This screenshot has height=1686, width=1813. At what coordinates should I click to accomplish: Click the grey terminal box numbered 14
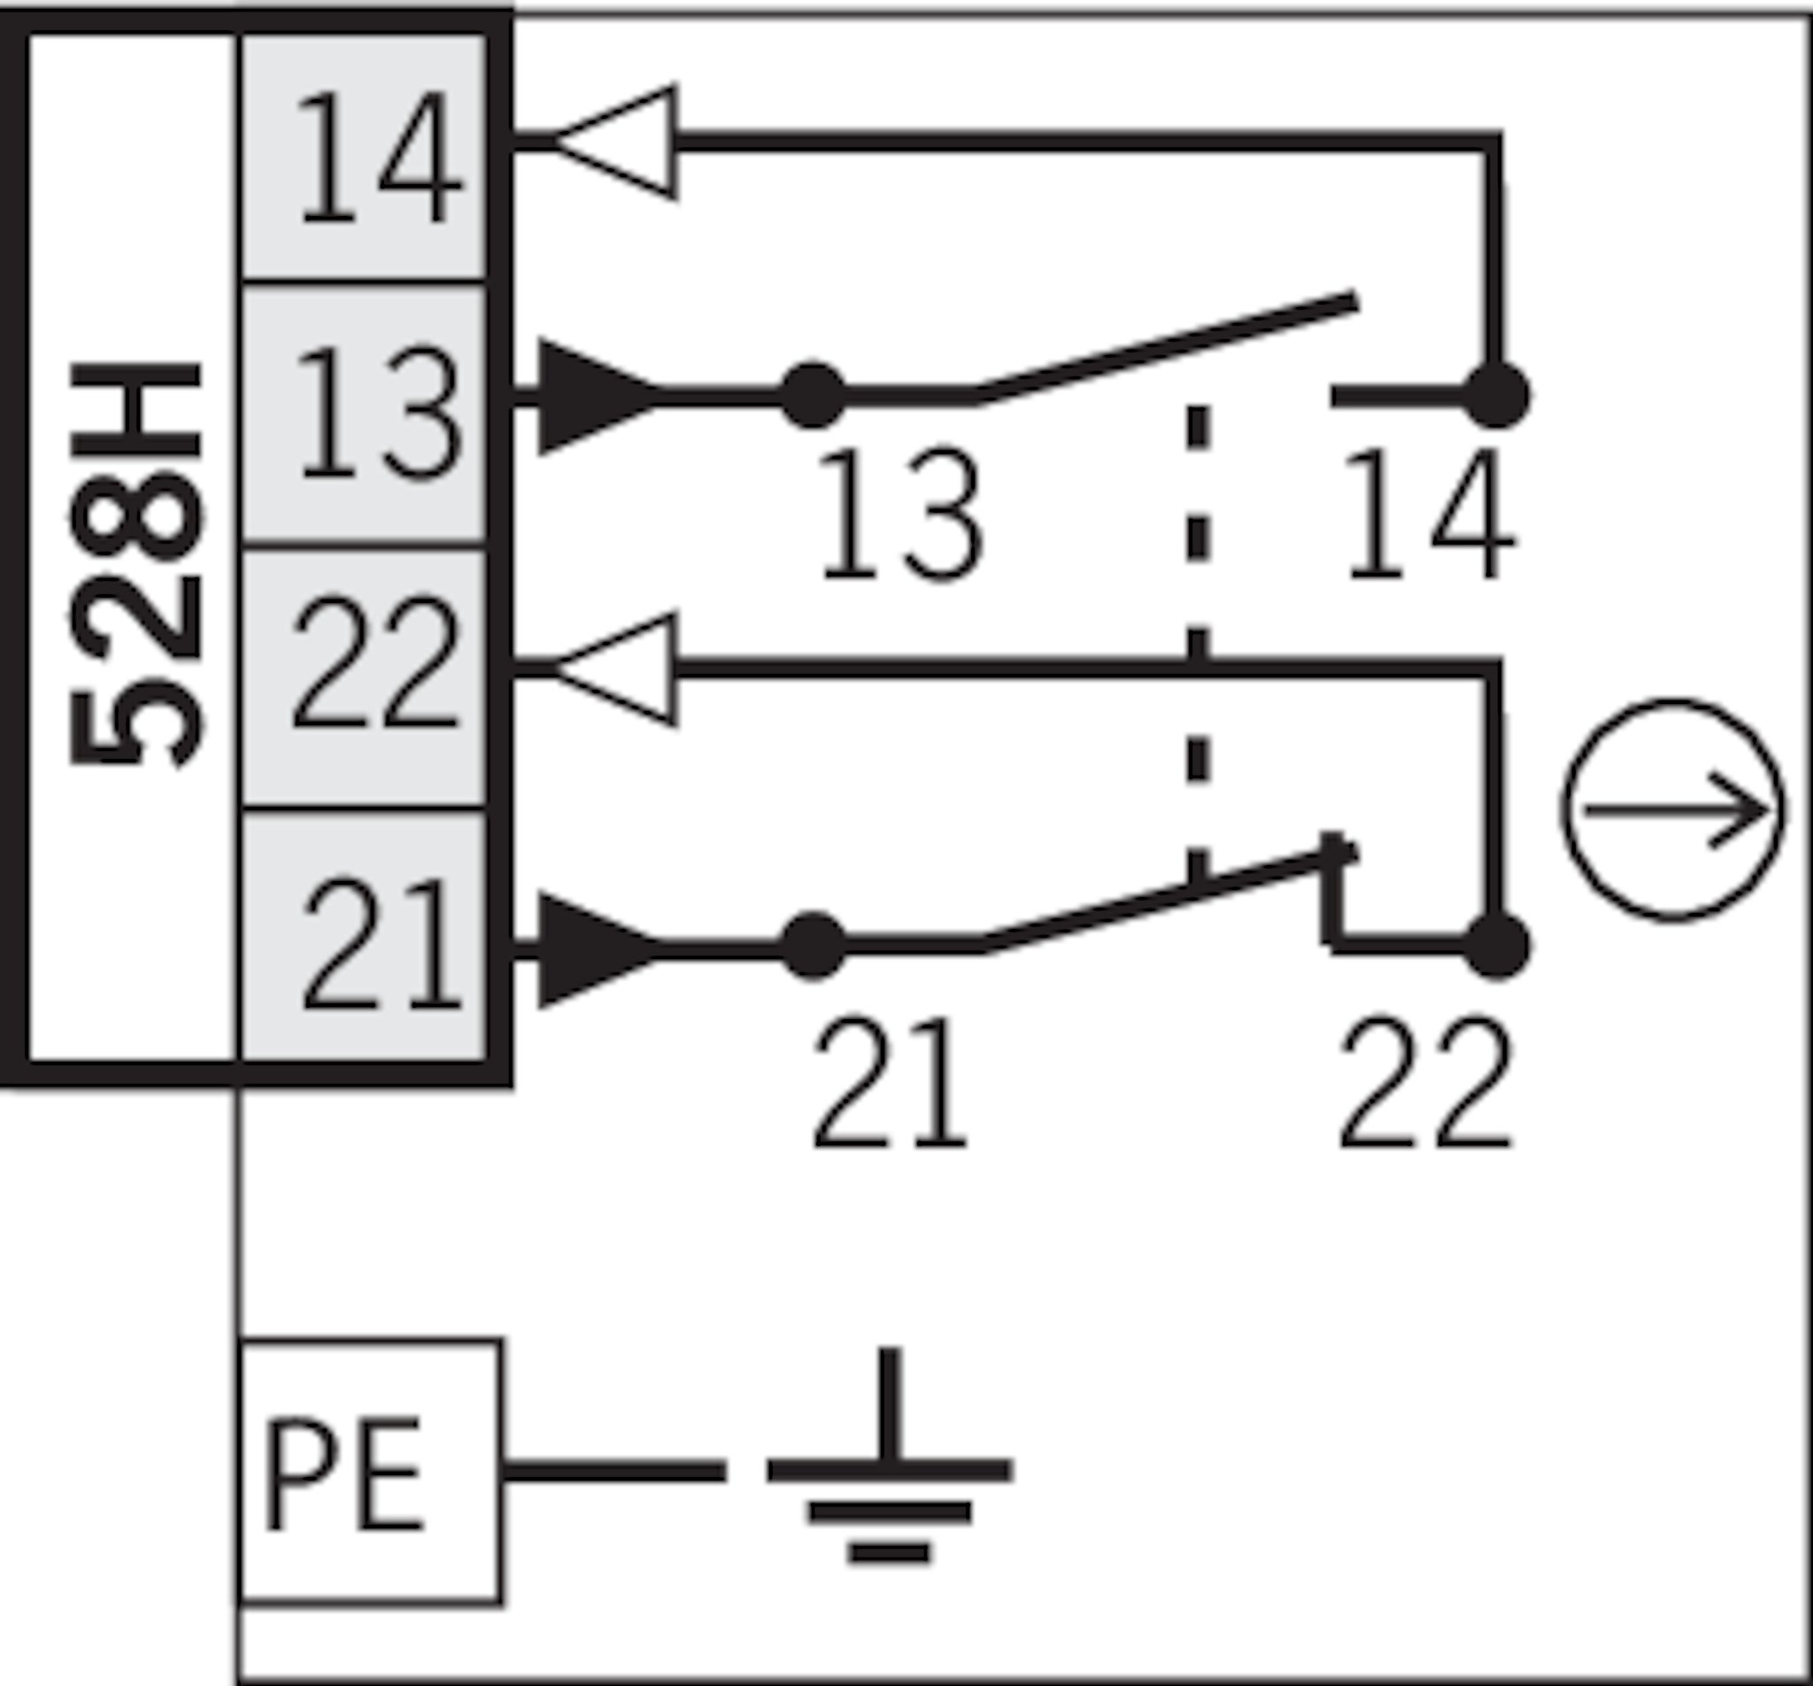point(363,157)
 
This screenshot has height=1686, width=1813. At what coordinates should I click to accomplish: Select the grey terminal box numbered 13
point(363,415)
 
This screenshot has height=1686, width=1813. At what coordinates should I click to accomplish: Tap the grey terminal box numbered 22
point(363,677)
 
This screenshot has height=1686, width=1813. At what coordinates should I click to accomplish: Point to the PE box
point(368,1472)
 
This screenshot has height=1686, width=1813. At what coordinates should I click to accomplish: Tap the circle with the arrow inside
point(1672,810)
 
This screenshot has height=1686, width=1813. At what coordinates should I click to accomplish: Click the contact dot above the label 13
point(813,396)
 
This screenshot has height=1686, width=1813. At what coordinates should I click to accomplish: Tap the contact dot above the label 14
point(1497,395)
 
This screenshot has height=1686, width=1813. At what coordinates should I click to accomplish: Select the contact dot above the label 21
point(814,946)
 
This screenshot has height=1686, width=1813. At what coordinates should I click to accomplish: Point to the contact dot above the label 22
point(1497,945)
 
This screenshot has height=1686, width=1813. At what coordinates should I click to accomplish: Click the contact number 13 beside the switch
point(901,515)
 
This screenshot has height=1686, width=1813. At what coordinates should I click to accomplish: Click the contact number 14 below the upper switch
point(1428,515)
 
